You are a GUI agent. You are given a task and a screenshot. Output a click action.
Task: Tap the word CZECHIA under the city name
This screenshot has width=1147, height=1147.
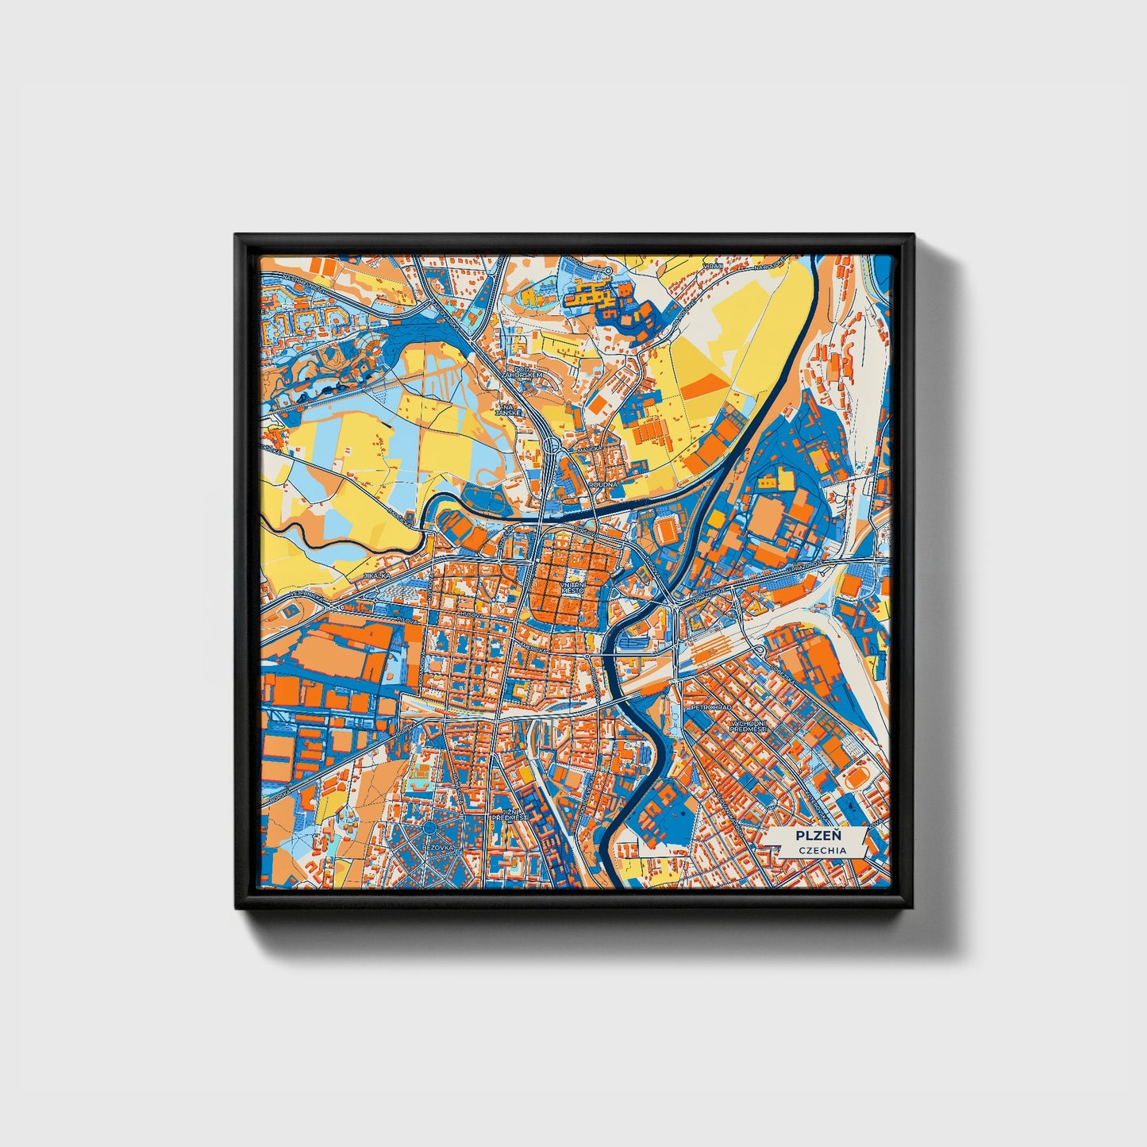(822, 850)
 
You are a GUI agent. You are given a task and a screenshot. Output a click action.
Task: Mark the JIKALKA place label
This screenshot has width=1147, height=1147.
(375, 575)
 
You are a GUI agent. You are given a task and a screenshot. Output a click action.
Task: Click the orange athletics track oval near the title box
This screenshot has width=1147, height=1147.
(856, 779)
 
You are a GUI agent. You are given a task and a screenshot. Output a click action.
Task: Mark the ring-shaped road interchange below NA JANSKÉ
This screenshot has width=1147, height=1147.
(551, 448)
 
